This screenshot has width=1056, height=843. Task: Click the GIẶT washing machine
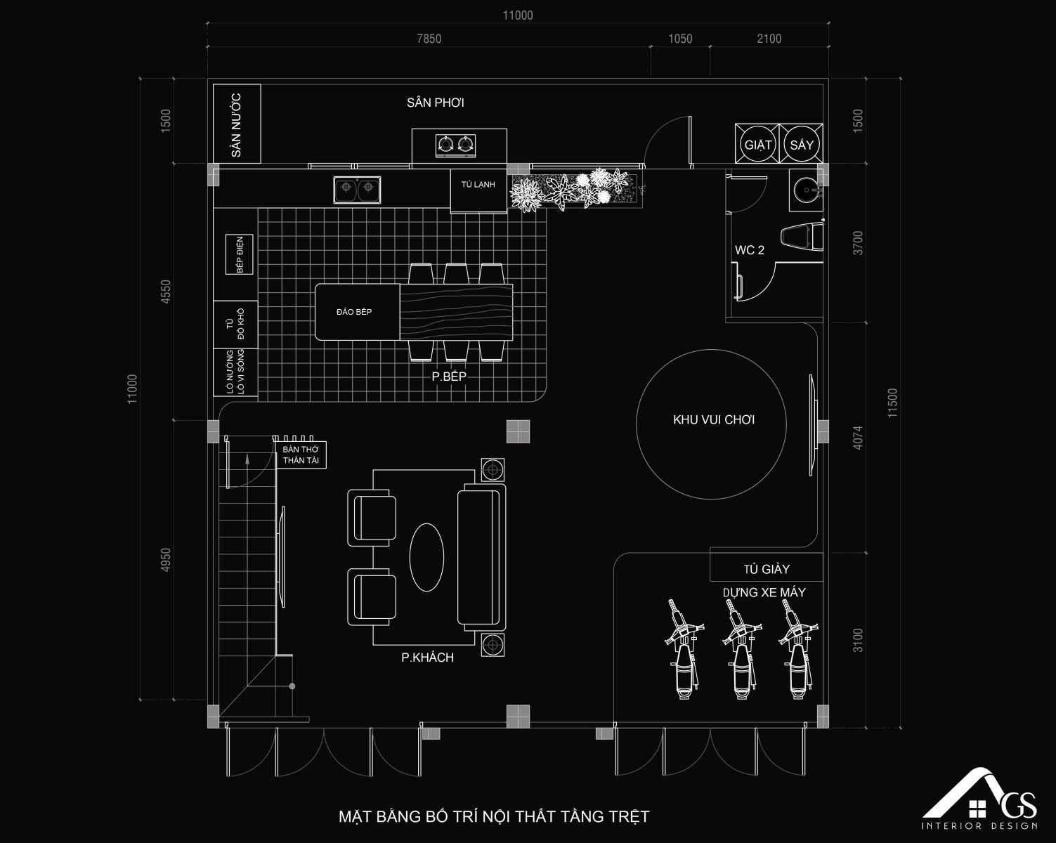click(x=757, y=144)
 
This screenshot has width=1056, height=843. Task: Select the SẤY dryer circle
click(x=801, y=144)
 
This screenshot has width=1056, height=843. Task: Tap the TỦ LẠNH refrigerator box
click(x=478, y=191)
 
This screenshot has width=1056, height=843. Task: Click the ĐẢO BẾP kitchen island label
click(x=354, y=312)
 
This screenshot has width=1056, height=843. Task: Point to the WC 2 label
click(x=749, y=250)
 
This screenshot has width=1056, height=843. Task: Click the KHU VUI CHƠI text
click(x=714, y=420)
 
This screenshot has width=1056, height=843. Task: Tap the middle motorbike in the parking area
click(x=741, y=648)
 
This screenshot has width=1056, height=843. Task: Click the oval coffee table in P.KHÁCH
click(x=426, y=557)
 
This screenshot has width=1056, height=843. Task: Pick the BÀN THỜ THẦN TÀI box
click(x=301, y=455)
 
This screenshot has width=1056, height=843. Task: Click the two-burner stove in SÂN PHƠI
click(x=456, y=145)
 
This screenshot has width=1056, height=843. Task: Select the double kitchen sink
click(x=357, y=190)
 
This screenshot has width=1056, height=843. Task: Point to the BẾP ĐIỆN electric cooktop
click(x=240, y=255)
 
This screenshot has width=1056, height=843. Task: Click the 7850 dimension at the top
click(x=429, y=39)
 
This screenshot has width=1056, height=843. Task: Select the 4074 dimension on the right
click(x=857, y=438)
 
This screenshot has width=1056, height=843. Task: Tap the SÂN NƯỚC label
click(x=236, y=125)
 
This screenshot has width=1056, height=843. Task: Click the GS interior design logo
click(x=979, y=798)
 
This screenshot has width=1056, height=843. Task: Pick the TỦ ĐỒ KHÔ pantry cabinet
click(x=235, y=325)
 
